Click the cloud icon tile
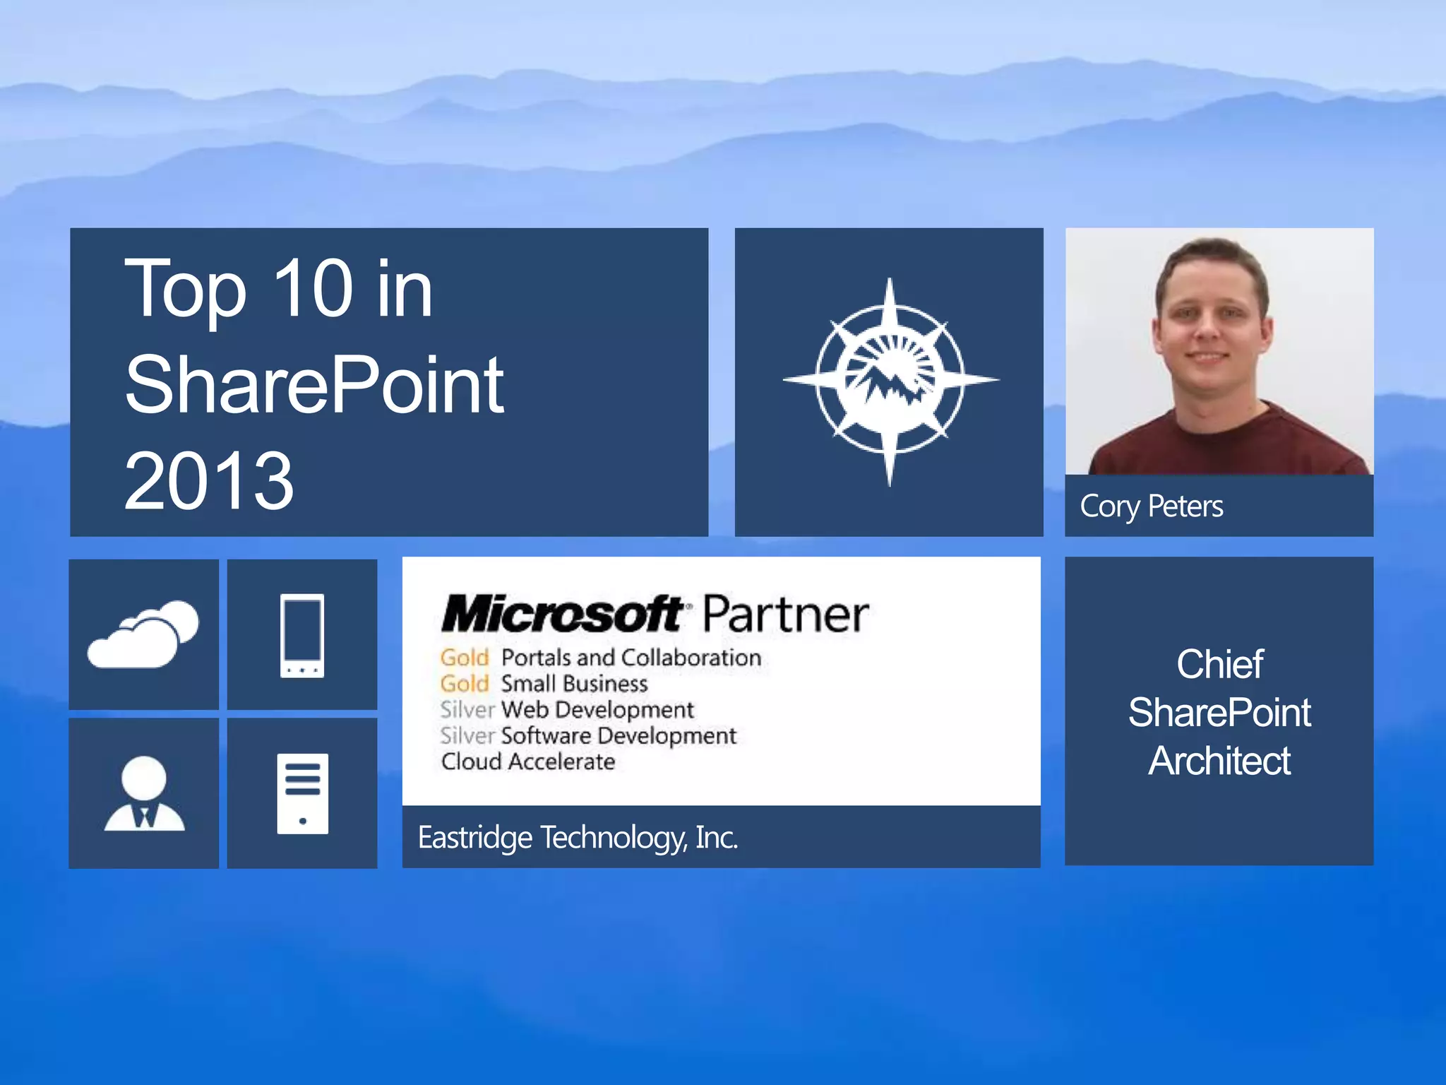click(x=143, y=634)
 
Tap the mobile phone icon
click(x=302, y=635)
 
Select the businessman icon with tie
click(x=144, y=793)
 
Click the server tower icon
click(x=302, y=793)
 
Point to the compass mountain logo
click(x=889, y=381)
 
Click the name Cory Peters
click(x=1151, y=506)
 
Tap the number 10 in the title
click(x=312, y=288)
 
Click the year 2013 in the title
click(x=208, y=481)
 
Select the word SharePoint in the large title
click(x=314, y=385)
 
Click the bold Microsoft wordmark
click(x=562, y=614)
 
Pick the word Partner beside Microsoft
click(x=785, y=614)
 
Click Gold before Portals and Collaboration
click(x=464, y=658)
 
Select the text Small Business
click(x=574, y=684)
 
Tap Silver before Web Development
click(x=467, y=710)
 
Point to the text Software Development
click(x=619, y=736)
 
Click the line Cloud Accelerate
click(x=528, y=761)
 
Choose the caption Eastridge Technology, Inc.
click(x=578, y=838)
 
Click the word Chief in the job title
click(x=1219, y=664)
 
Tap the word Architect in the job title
click(x=1219, y=761)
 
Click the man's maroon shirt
click(x=1229, y=445)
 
